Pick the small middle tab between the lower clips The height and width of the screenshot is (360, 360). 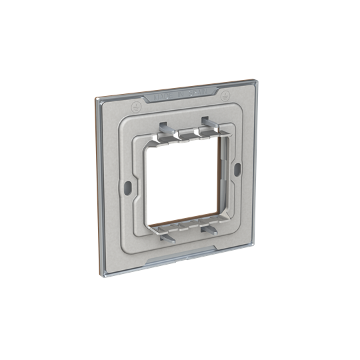pos(187,231)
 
